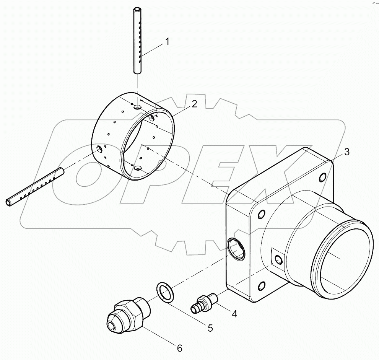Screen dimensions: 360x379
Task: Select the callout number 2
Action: point(194,104)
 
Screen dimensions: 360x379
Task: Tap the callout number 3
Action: point(346,152)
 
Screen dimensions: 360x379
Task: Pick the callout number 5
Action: point(210,328)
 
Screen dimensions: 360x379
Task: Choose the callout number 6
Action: point(179,348)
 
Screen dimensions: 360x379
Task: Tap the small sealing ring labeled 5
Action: point(165,291)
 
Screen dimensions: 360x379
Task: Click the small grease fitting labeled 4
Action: point(204,301)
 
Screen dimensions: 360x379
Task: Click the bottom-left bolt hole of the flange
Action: point(262,286)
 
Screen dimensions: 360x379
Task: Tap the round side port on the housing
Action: point(236,249)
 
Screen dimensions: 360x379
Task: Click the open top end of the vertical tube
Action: point(137,10)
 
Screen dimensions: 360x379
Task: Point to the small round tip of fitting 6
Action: point(111,326)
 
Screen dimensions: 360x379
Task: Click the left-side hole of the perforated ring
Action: point(100,148)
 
